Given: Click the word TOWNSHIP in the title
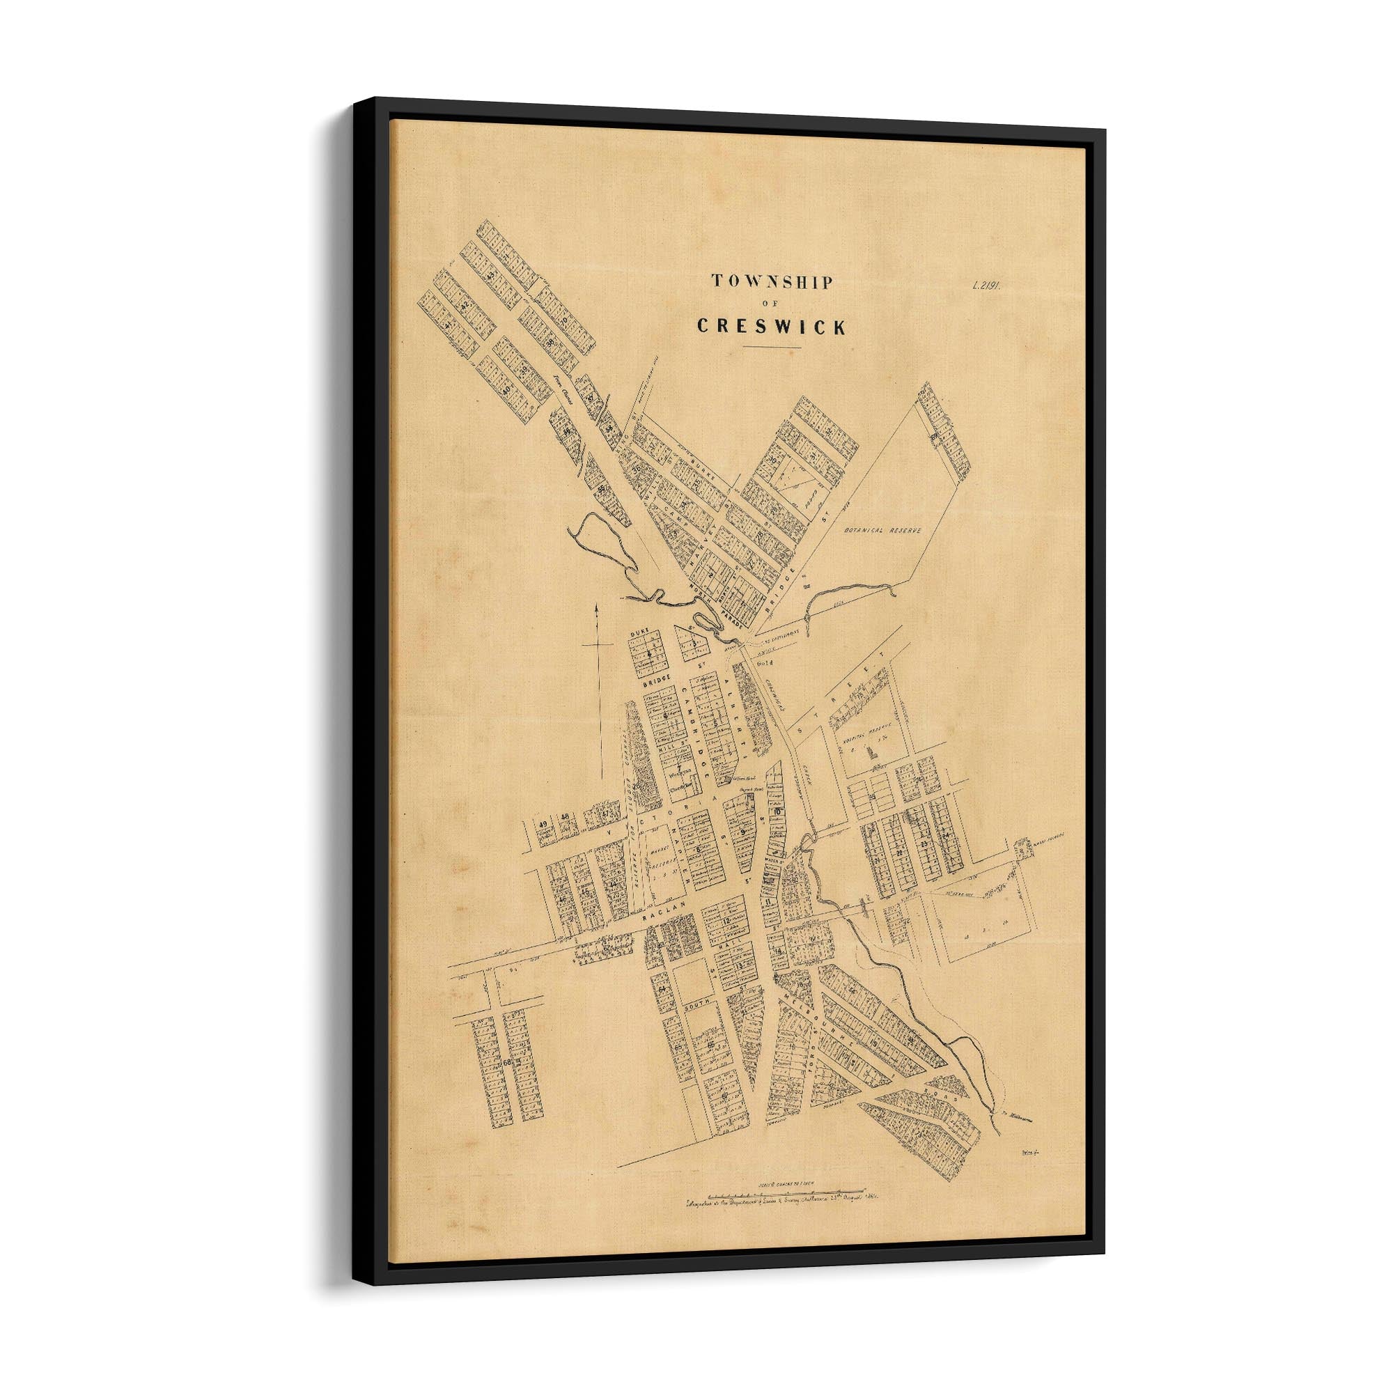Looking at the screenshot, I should [772, 282].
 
